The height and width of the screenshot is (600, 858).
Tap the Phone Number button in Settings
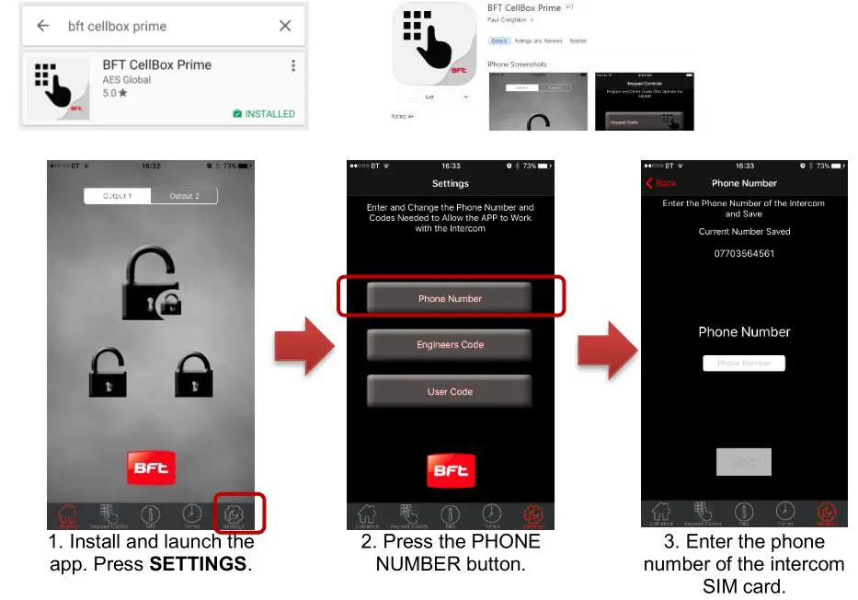450,298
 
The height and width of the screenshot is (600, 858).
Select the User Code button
450,391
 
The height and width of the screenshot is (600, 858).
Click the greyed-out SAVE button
744,462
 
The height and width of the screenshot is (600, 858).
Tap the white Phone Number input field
744,363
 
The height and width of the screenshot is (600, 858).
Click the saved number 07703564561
744,253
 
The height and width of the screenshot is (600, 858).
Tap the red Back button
661,183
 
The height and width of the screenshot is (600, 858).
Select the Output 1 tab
118,196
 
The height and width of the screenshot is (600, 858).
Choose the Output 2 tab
184,196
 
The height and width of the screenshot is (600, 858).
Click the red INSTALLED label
264,114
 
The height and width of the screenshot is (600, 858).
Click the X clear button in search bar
285,26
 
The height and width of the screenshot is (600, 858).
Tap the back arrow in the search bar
42,26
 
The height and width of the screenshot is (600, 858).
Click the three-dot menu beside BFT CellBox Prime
293,65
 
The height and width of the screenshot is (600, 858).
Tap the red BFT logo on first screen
150,467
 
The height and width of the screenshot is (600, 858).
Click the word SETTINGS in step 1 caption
197,563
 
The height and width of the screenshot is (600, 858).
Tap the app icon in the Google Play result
59,90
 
